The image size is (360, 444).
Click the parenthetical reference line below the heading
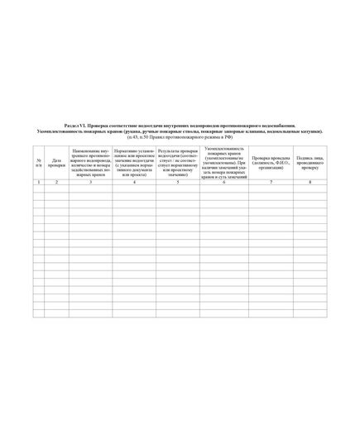click(x=180, y=136)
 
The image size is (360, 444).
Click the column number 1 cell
click(x=39, y=181)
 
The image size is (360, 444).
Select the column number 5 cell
click(x=177, y=181)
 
